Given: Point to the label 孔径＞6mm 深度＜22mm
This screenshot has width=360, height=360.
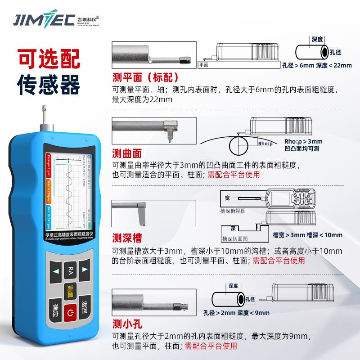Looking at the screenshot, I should click(310, 65).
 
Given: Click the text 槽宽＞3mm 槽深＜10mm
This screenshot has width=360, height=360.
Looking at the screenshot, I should click(307, 235).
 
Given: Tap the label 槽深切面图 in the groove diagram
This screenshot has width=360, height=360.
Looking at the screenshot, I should click(235, 238).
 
